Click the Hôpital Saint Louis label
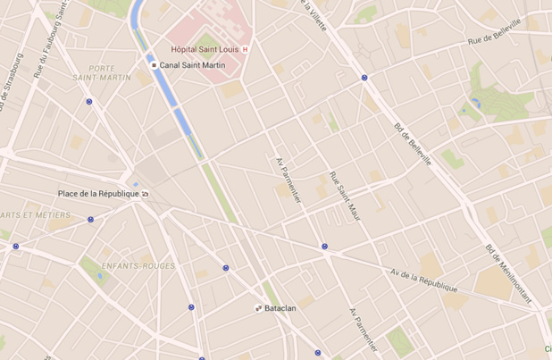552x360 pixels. pyautogui.click(x=205, y=49)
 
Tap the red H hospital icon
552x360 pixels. pyautogui.click(x=246, y=49)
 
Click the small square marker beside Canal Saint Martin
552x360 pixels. pyautogui.click(x=154, y=65)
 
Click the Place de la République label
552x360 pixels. pyautogui.click(x=98, y=194)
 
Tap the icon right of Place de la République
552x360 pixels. pyautogui.click(x=146, y=194)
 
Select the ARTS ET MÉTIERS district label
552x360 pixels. pyautogui.click(x=35, y=215)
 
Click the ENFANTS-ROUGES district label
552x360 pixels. pyautogui.click(x=132, y=266)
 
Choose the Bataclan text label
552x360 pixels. pyautogui.click(x=280, y=308)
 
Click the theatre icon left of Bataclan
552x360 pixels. pyautogui.click(x=258, y=308)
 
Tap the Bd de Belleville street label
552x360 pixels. pyautogui.click(x=412, y=143)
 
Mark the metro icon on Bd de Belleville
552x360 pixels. pyautogui.click(x=364, y=78)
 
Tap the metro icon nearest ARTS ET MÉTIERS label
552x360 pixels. pyautogui.click(x=90, y=219)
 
